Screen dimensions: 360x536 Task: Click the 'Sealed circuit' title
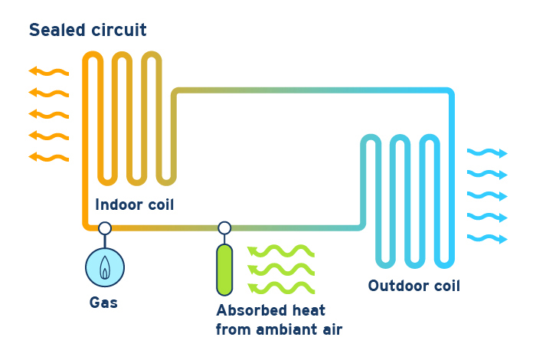click(87, 31)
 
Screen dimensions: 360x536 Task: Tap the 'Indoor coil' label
click(135, 205)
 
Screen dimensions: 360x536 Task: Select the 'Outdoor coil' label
click(414, 286)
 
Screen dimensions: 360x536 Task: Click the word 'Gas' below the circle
click(103, 303)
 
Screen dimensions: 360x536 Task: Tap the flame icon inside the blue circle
click(105, 267)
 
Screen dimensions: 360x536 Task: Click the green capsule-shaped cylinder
click(224, 270)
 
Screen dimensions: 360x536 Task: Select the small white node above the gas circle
click(105, 227)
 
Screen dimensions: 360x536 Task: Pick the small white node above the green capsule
click(224, 227)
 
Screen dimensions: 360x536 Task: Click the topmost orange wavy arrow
click(48, 72)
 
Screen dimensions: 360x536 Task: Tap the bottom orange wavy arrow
click(48, 158)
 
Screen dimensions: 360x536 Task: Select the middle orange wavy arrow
click(48, 115)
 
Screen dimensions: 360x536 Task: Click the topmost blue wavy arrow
click(488, 153)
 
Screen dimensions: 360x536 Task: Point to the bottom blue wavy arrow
click(488, 238)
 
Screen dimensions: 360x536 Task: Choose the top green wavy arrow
click(280, 251)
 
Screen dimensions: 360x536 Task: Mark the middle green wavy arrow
click(280, 270)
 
